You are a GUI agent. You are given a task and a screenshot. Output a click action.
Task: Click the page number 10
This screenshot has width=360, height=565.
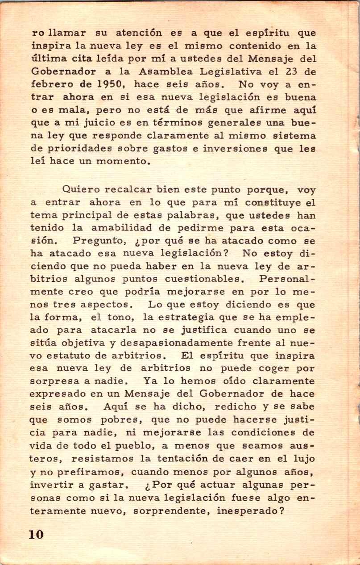click(37, 535)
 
